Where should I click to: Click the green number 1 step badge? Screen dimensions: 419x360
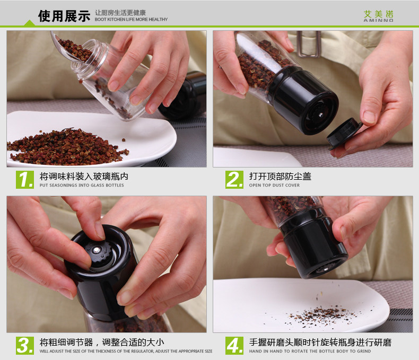coord(25,180)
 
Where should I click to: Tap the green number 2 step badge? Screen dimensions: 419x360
coord(234,180)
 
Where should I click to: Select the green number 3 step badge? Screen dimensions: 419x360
coord(25,346)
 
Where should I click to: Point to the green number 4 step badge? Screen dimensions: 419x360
coord(234,346)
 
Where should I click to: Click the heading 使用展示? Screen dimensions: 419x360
coord(64,16)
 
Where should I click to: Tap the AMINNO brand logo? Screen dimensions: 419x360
coord(378,16)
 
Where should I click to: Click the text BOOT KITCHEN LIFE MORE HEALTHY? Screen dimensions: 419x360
coord(131,20)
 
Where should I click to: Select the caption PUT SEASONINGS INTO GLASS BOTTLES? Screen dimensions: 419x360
coord(82,185)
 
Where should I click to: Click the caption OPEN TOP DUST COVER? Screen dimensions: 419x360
coord(274,185)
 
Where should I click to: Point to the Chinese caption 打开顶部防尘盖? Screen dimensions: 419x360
coord(281,176)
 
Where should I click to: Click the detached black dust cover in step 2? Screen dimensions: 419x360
coord(344,134)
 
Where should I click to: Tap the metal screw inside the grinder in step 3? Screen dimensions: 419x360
coord(97,250)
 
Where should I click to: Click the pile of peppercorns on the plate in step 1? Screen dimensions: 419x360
coord(67,147)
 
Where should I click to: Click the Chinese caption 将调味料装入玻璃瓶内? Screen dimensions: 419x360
coord(84,176)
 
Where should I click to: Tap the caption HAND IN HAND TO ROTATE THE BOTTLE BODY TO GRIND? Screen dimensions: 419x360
coord(310,351)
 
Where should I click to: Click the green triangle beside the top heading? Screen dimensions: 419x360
coord(29,23)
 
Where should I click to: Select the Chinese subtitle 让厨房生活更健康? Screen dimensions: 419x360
coord(120,13)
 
